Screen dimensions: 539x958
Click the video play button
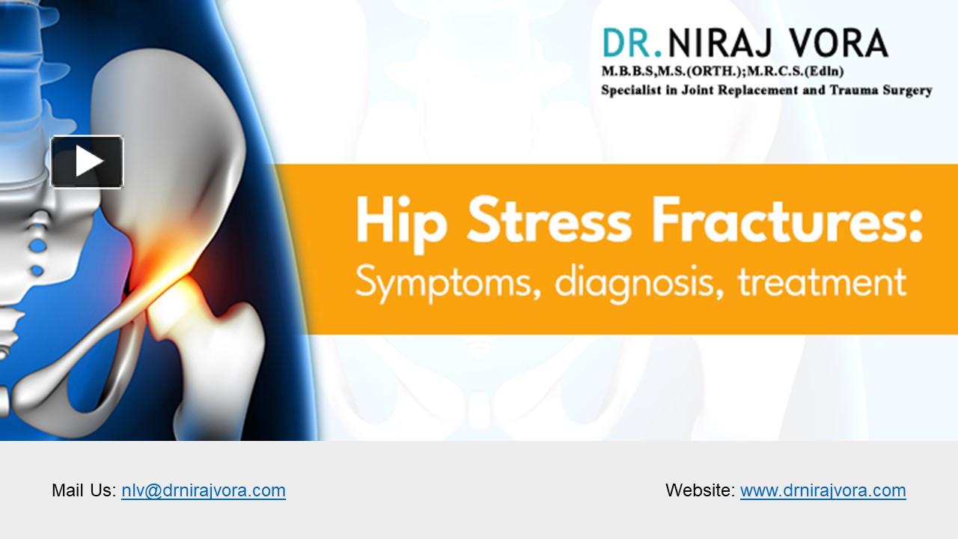pyautogui.click(x=87, y=162)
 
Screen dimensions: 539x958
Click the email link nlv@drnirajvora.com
pyautogui.click(x=203, y=490)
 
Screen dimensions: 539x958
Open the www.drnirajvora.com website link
pyautogui.click(x=823, y=490)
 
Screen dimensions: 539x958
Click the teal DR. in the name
pyautogui.click(x=632, y=43)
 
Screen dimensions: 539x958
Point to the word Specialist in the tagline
pyautogui.click(x=632, y=91)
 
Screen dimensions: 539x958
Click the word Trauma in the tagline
pyautogui.click(x=860, y=91)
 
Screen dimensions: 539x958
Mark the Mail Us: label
pyautogui.click(x=84, y=490)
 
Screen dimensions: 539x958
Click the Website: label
pyautogui.click(x=700, y=490)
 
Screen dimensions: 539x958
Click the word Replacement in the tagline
pyautogui.click(x=768, y=91)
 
